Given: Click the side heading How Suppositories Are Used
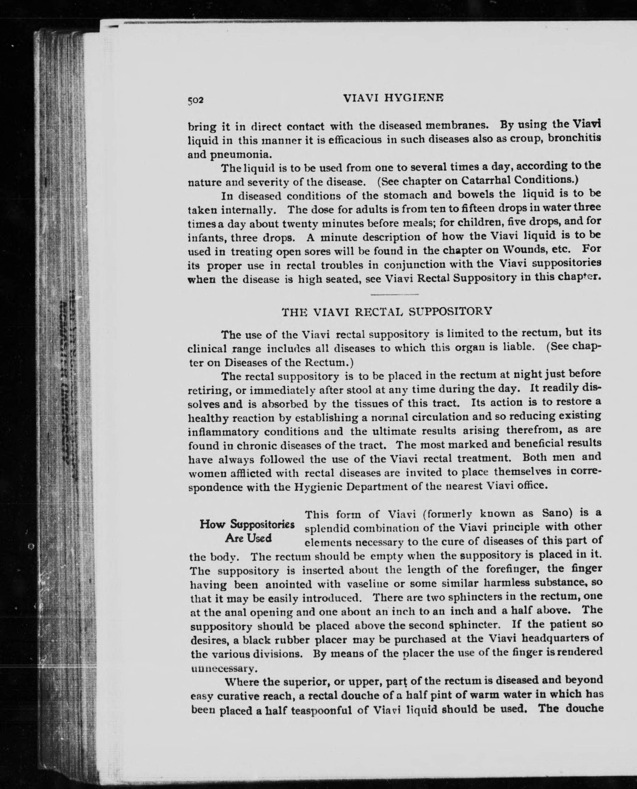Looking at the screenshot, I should point(247,531).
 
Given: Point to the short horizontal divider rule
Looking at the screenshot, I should point(395,294).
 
